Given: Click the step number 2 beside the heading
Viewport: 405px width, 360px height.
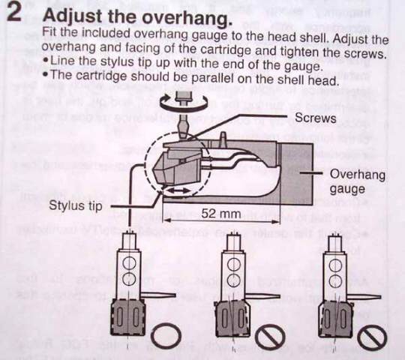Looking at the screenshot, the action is (14, 12).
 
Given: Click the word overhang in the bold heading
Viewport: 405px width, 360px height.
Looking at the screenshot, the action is (186, 17).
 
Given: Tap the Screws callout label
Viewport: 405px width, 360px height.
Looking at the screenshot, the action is (315, 118).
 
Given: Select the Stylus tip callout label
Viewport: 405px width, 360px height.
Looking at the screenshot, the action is (76, 205).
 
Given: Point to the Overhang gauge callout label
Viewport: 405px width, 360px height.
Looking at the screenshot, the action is (357, 181).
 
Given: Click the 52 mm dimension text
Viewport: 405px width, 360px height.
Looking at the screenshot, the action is (220, 213).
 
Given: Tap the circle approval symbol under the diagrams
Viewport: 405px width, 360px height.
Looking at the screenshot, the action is (166, 336).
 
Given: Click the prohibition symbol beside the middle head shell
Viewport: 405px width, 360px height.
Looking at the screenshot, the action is (270, 337).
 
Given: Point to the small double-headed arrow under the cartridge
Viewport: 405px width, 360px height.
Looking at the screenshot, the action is (177, 190).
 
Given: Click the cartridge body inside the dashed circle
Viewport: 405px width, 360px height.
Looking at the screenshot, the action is (175, 168).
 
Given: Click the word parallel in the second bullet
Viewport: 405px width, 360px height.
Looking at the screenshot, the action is (213, 78).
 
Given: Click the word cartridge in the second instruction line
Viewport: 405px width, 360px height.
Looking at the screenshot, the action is (225, 49).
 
